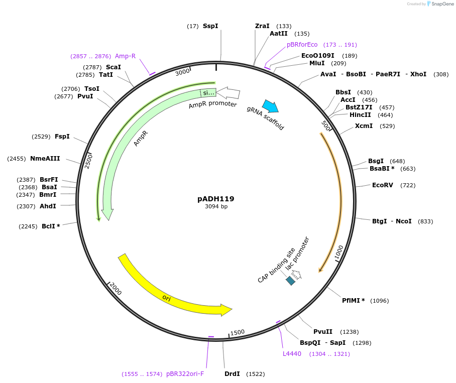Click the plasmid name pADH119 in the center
click(215, 199)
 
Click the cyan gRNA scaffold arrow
click(270, 106)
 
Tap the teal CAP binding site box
click(291, 281)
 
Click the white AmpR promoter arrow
click(229, 92)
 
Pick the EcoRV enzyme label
click(382, 185)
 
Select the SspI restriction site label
click(210, 26)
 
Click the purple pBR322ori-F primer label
click(185, 374)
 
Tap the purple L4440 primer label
click(292, 354)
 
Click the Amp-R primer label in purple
click(125, 56)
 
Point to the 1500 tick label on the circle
click(238, 332)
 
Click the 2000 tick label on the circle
click(116, 289)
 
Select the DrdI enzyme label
click(232, 374)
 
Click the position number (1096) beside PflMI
click(379, 301)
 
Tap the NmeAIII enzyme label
click(45, 159)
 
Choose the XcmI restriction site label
click(364, 126)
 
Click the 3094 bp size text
click(216, 207)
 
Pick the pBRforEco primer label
click(302, 45)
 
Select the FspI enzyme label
click(62, 137)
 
